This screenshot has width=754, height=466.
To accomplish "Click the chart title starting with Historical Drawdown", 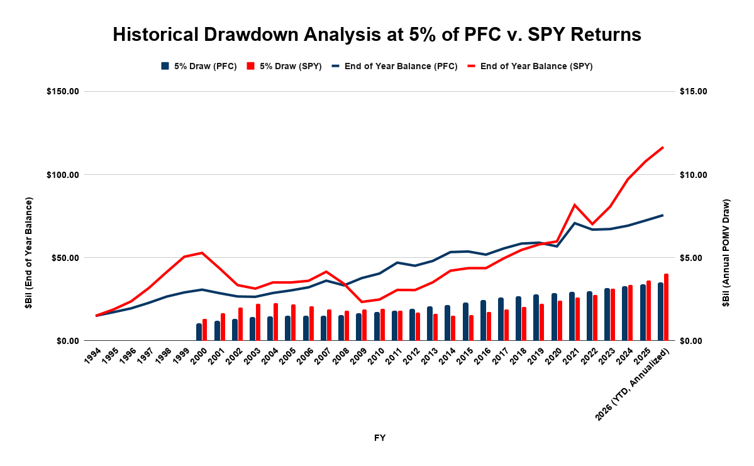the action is (377, 35).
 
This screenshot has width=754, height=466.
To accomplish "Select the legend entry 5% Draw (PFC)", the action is (199, 67).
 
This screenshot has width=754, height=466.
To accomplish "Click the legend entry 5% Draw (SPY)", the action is (284, 67).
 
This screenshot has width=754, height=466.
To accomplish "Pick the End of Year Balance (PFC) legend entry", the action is (395, 67).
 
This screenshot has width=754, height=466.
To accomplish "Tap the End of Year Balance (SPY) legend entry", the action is (530, 67).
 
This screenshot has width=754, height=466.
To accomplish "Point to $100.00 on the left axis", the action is (62, 175).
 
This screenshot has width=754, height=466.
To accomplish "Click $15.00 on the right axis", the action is (694, 91).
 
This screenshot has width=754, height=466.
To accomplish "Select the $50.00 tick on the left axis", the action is (65, 258).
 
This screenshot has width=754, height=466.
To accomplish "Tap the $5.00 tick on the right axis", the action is (691, 258).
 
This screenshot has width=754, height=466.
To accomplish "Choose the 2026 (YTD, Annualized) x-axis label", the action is (631, 385).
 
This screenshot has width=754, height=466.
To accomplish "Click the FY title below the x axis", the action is (380, 438).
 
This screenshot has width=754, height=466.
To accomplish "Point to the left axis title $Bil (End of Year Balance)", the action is (29, 252).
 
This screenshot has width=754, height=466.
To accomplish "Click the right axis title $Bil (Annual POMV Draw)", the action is (726, 252).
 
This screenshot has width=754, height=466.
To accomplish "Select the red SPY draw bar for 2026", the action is (667, 308).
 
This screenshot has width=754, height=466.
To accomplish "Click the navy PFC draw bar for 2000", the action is (199, 332).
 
